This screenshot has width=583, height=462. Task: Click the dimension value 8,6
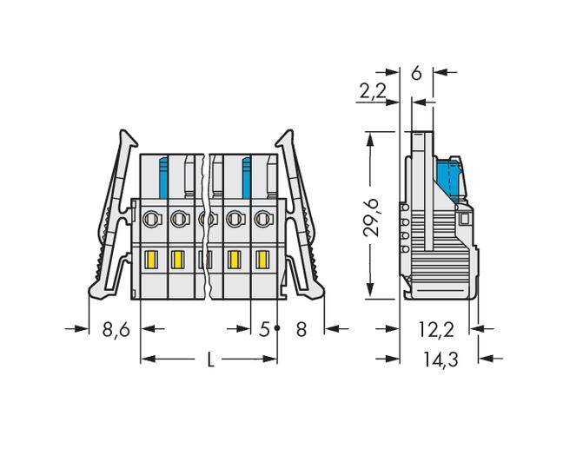click(116, 330)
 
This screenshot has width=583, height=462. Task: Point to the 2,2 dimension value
click(371, 89)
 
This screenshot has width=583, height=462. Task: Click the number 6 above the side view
click(416, 73)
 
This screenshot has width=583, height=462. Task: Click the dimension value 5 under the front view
click(263, 330)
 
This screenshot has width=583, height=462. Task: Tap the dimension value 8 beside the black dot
click(301, 330)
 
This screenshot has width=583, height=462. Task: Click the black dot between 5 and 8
click(277, 328)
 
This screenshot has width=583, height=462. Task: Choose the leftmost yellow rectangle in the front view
click(149, 259)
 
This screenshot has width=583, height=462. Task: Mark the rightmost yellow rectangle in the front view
click(262, 259)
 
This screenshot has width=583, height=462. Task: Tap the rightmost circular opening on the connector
click(261, 220)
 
